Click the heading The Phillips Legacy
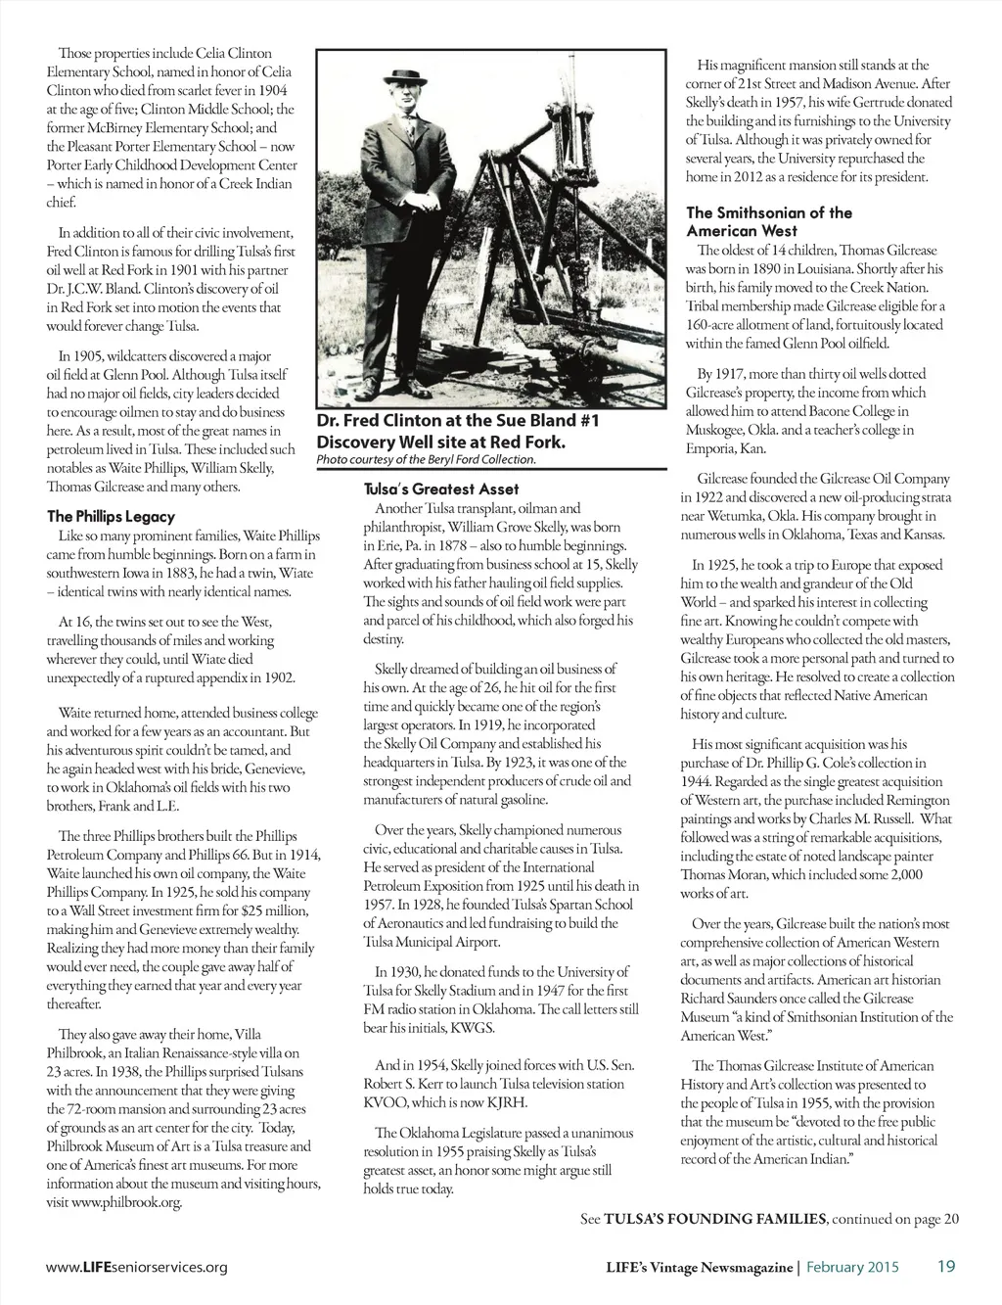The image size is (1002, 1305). point(111,516)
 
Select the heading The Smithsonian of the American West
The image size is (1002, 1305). point(768,221)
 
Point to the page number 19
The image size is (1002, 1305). point(945,1266)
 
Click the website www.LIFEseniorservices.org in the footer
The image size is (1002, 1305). point(137,1267)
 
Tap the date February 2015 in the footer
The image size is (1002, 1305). point(852,1267)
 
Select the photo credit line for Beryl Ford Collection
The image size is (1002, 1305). point(427,459)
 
